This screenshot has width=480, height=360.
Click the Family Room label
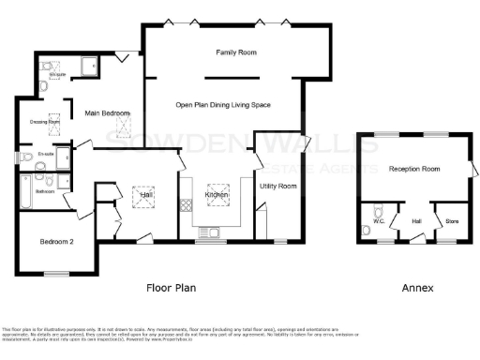tap(235, 53)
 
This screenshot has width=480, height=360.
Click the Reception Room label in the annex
tap(414, 169)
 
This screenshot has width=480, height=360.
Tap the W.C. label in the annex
tap(380, 221)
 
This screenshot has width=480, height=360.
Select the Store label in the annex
tap(452, 221)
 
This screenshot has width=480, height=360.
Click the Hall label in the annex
tap(416, 221)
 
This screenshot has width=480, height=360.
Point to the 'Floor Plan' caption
tap(171, 288)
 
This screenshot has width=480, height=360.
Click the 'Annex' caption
tap(418, 288)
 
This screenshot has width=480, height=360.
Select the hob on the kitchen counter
tap(186, 202)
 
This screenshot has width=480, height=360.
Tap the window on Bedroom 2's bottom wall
tap(58, 272)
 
